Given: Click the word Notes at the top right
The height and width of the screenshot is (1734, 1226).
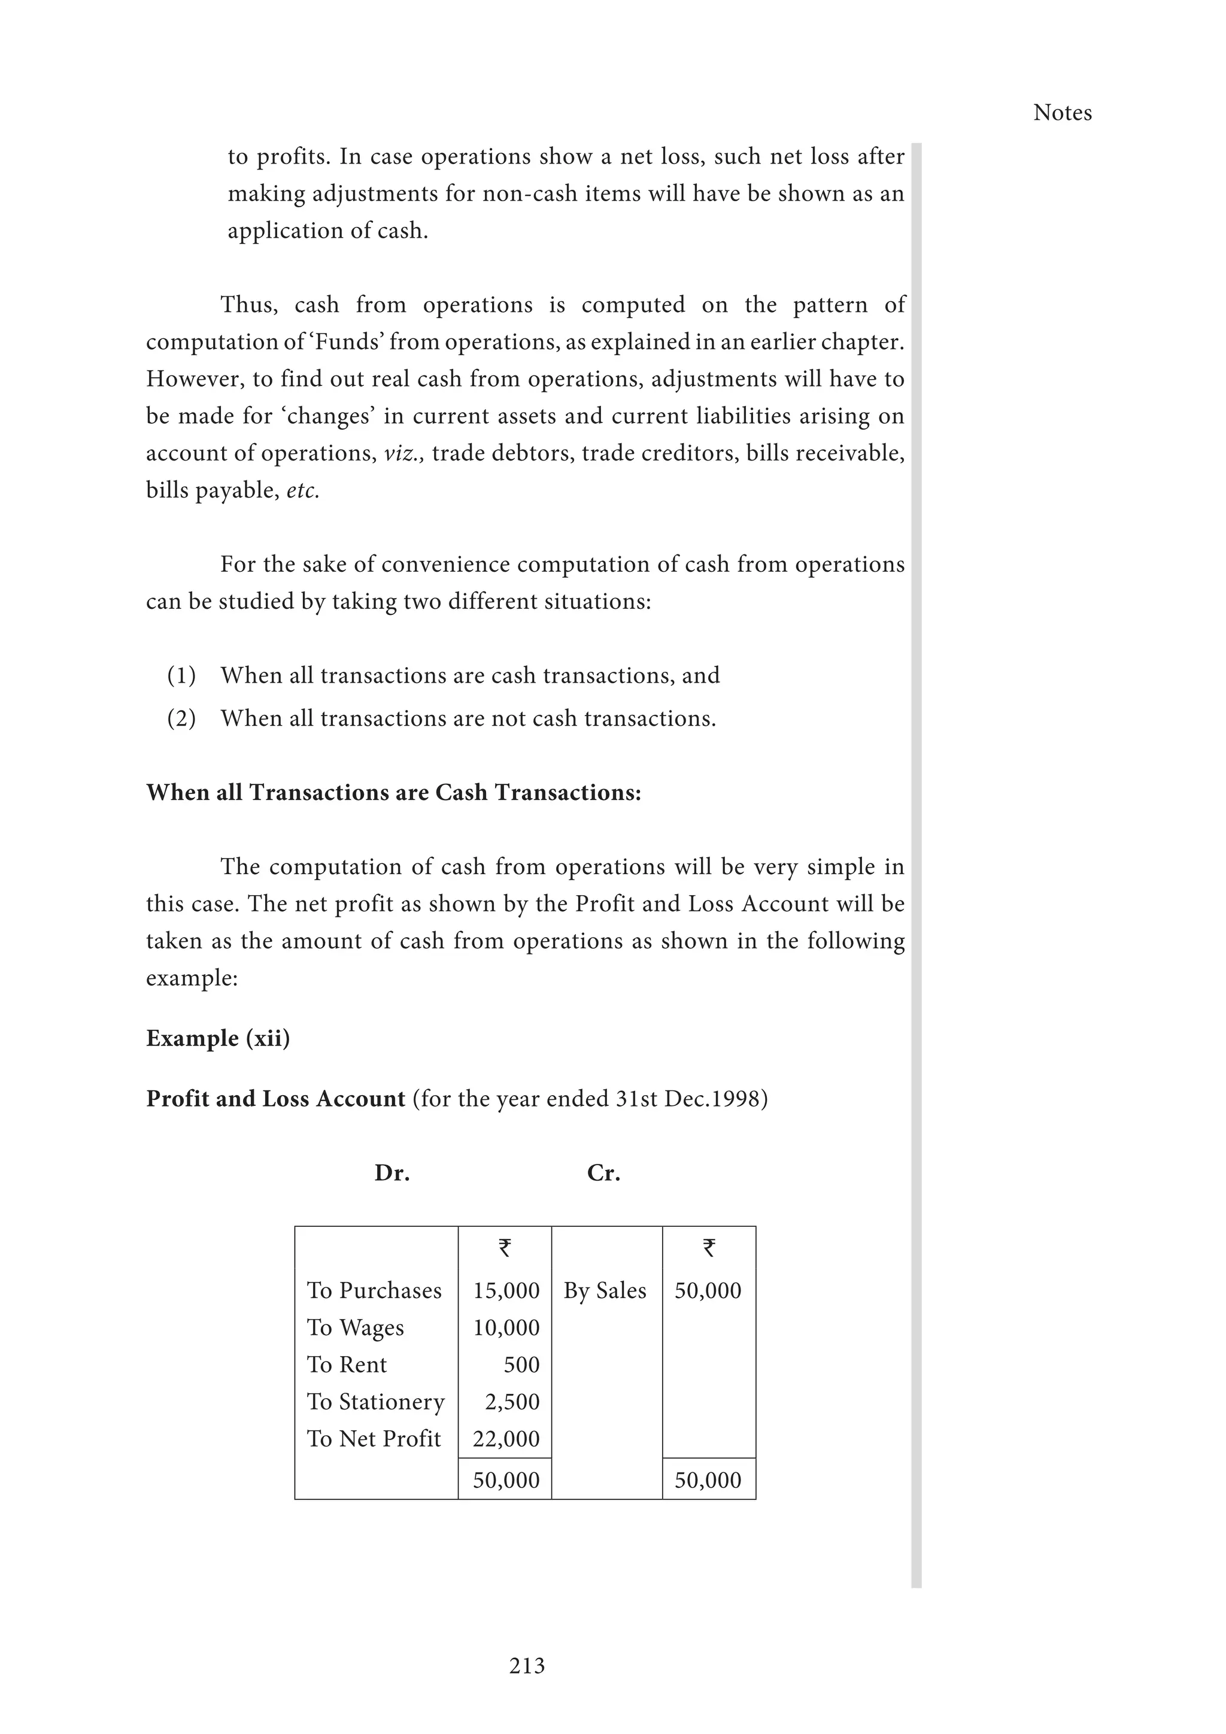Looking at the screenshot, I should coord(1061,113).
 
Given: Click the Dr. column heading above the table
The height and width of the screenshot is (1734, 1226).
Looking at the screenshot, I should coord(392,1173).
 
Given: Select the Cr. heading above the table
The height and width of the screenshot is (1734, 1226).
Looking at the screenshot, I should coord(603,1173).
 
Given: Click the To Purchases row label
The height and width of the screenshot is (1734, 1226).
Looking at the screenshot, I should coord(374,1290).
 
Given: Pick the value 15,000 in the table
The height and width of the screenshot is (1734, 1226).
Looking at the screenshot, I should coord(506,1290).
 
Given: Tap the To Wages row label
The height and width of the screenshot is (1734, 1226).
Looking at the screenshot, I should coord(355,1327).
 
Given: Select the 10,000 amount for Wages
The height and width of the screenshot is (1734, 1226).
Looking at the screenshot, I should coord(506,1327).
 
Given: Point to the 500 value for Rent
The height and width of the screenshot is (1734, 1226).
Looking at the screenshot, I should coord(521,1365).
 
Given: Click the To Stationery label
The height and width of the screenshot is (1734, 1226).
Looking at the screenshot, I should coord(375,1402).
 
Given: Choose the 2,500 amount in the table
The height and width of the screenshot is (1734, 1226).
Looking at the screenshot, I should coord(512,1402).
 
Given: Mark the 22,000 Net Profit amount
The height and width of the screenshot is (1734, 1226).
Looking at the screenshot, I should coord(506,1439).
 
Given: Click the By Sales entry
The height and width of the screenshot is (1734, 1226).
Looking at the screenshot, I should coord(605,1290).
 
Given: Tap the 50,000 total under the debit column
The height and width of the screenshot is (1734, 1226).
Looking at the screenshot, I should coord(506,1480).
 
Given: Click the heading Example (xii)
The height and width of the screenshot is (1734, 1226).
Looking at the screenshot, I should coord(217,1038).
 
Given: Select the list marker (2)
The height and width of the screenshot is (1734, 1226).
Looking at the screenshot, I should coord(181,719).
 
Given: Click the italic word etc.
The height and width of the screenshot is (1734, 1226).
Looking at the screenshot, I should coord(303,491).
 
